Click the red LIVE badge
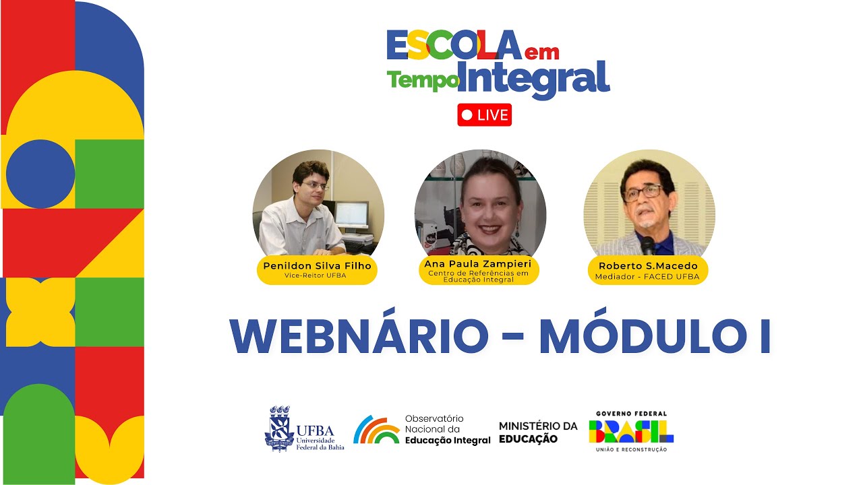click(x=484, y=115)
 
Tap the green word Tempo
click(x=422, y=81)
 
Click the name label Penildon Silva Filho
click(x=317, y=265)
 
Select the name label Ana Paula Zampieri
click(x=479, y=263)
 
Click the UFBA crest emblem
click(x=279, y=428)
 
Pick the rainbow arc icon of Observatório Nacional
click(x=376, y=430)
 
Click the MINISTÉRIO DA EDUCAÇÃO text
click(x=537, y=432)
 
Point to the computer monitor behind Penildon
click(x=351, y=215)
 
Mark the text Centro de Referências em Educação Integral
click(x=479, y=276)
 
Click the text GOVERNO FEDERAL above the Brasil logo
click(x=631, y=414)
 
